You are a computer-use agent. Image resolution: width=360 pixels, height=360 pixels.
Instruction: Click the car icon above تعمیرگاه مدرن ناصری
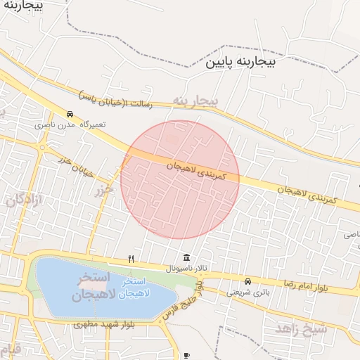pos(70,114)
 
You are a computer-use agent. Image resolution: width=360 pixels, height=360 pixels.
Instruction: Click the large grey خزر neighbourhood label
pos(103,190)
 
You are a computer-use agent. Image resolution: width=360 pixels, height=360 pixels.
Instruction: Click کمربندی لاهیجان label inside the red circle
pos(196,172)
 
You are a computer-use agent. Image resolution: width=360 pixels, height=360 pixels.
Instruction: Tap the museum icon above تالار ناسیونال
pos(186,258)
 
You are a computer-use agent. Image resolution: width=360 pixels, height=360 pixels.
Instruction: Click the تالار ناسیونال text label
pos(187,269)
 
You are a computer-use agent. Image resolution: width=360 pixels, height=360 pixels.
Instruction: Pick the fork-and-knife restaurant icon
pos(131,259)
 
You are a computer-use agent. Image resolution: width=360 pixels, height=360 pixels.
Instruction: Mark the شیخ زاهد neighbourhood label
pos(301,328)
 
